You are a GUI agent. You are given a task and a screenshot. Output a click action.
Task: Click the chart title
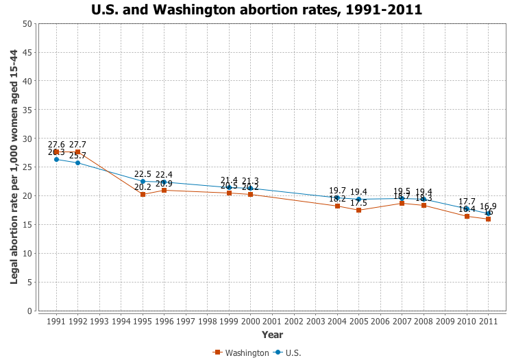257,10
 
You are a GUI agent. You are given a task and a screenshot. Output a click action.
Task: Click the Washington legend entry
242,352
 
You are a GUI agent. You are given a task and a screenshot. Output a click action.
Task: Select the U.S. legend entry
288,352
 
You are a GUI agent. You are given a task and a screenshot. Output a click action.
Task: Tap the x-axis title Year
272,335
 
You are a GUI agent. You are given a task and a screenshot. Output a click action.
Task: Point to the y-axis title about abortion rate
14,167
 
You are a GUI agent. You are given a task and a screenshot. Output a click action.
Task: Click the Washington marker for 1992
77,152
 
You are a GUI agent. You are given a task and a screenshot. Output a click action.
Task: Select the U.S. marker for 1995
143,181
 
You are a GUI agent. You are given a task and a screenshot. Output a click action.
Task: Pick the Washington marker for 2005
358,210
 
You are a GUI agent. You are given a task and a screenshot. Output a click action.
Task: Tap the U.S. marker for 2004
337,197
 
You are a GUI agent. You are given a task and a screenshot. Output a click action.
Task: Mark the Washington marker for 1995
143,195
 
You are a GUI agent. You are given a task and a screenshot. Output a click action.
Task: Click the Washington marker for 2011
488,219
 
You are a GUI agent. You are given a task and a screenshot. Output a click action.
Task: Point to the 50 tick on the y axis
27,24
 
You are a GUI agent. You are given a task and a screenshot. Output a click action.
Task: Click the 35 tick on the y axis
27,110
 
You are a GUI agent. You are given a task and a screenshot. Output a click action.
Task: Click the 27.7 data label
77,145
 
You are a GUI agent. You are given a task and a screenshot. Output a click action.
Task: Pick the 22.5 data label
143,174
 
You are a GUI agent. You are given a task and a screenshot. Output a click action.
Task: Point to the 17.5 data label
358,203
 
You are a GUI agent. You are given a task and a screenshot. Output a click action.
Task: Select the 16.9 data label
488,206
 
